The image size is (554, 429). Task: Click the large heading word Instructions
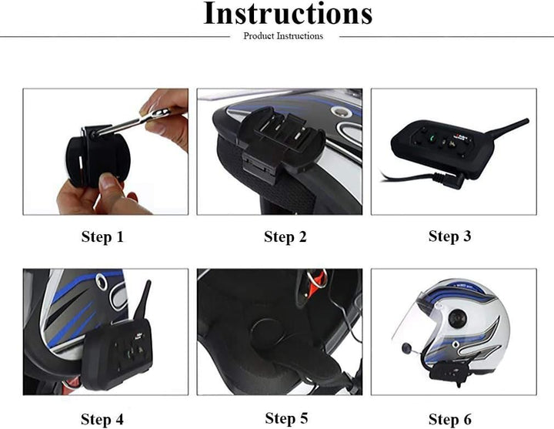click(288, 13)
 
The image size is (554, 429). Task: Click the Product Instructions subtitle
click(283, 36)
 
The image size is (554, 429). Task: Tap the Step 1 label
click(102, 236)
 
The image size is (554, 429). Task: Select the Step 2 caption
click(285, 236)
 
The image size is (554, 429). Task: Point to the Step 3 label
click(450, 236)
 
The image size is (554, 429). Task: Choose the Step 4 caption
click(102, 419)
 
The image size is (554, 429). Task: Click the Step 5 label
click(286, 418)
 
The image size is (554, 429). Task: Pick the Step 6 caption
click(450, 419)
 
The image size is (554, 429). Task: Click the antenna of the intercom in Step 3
click(506, 127)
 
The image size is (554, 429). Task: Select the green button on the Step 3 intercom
click(432, 138)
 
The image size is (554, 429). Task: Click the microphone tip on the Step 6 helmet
click(406, 348)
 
